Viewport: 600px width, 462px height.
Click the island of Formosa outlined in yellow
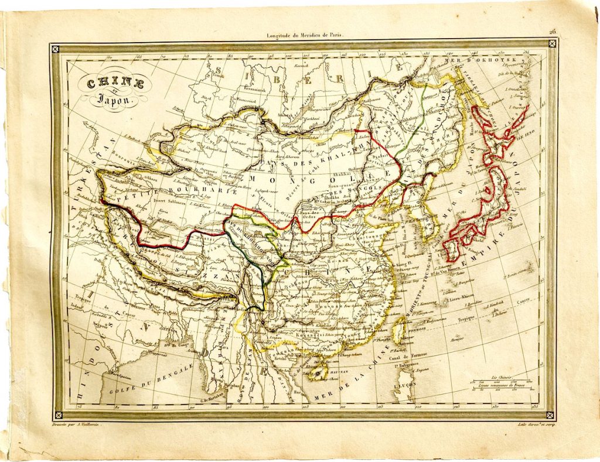pyautogui.click(x=398, y=332)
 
